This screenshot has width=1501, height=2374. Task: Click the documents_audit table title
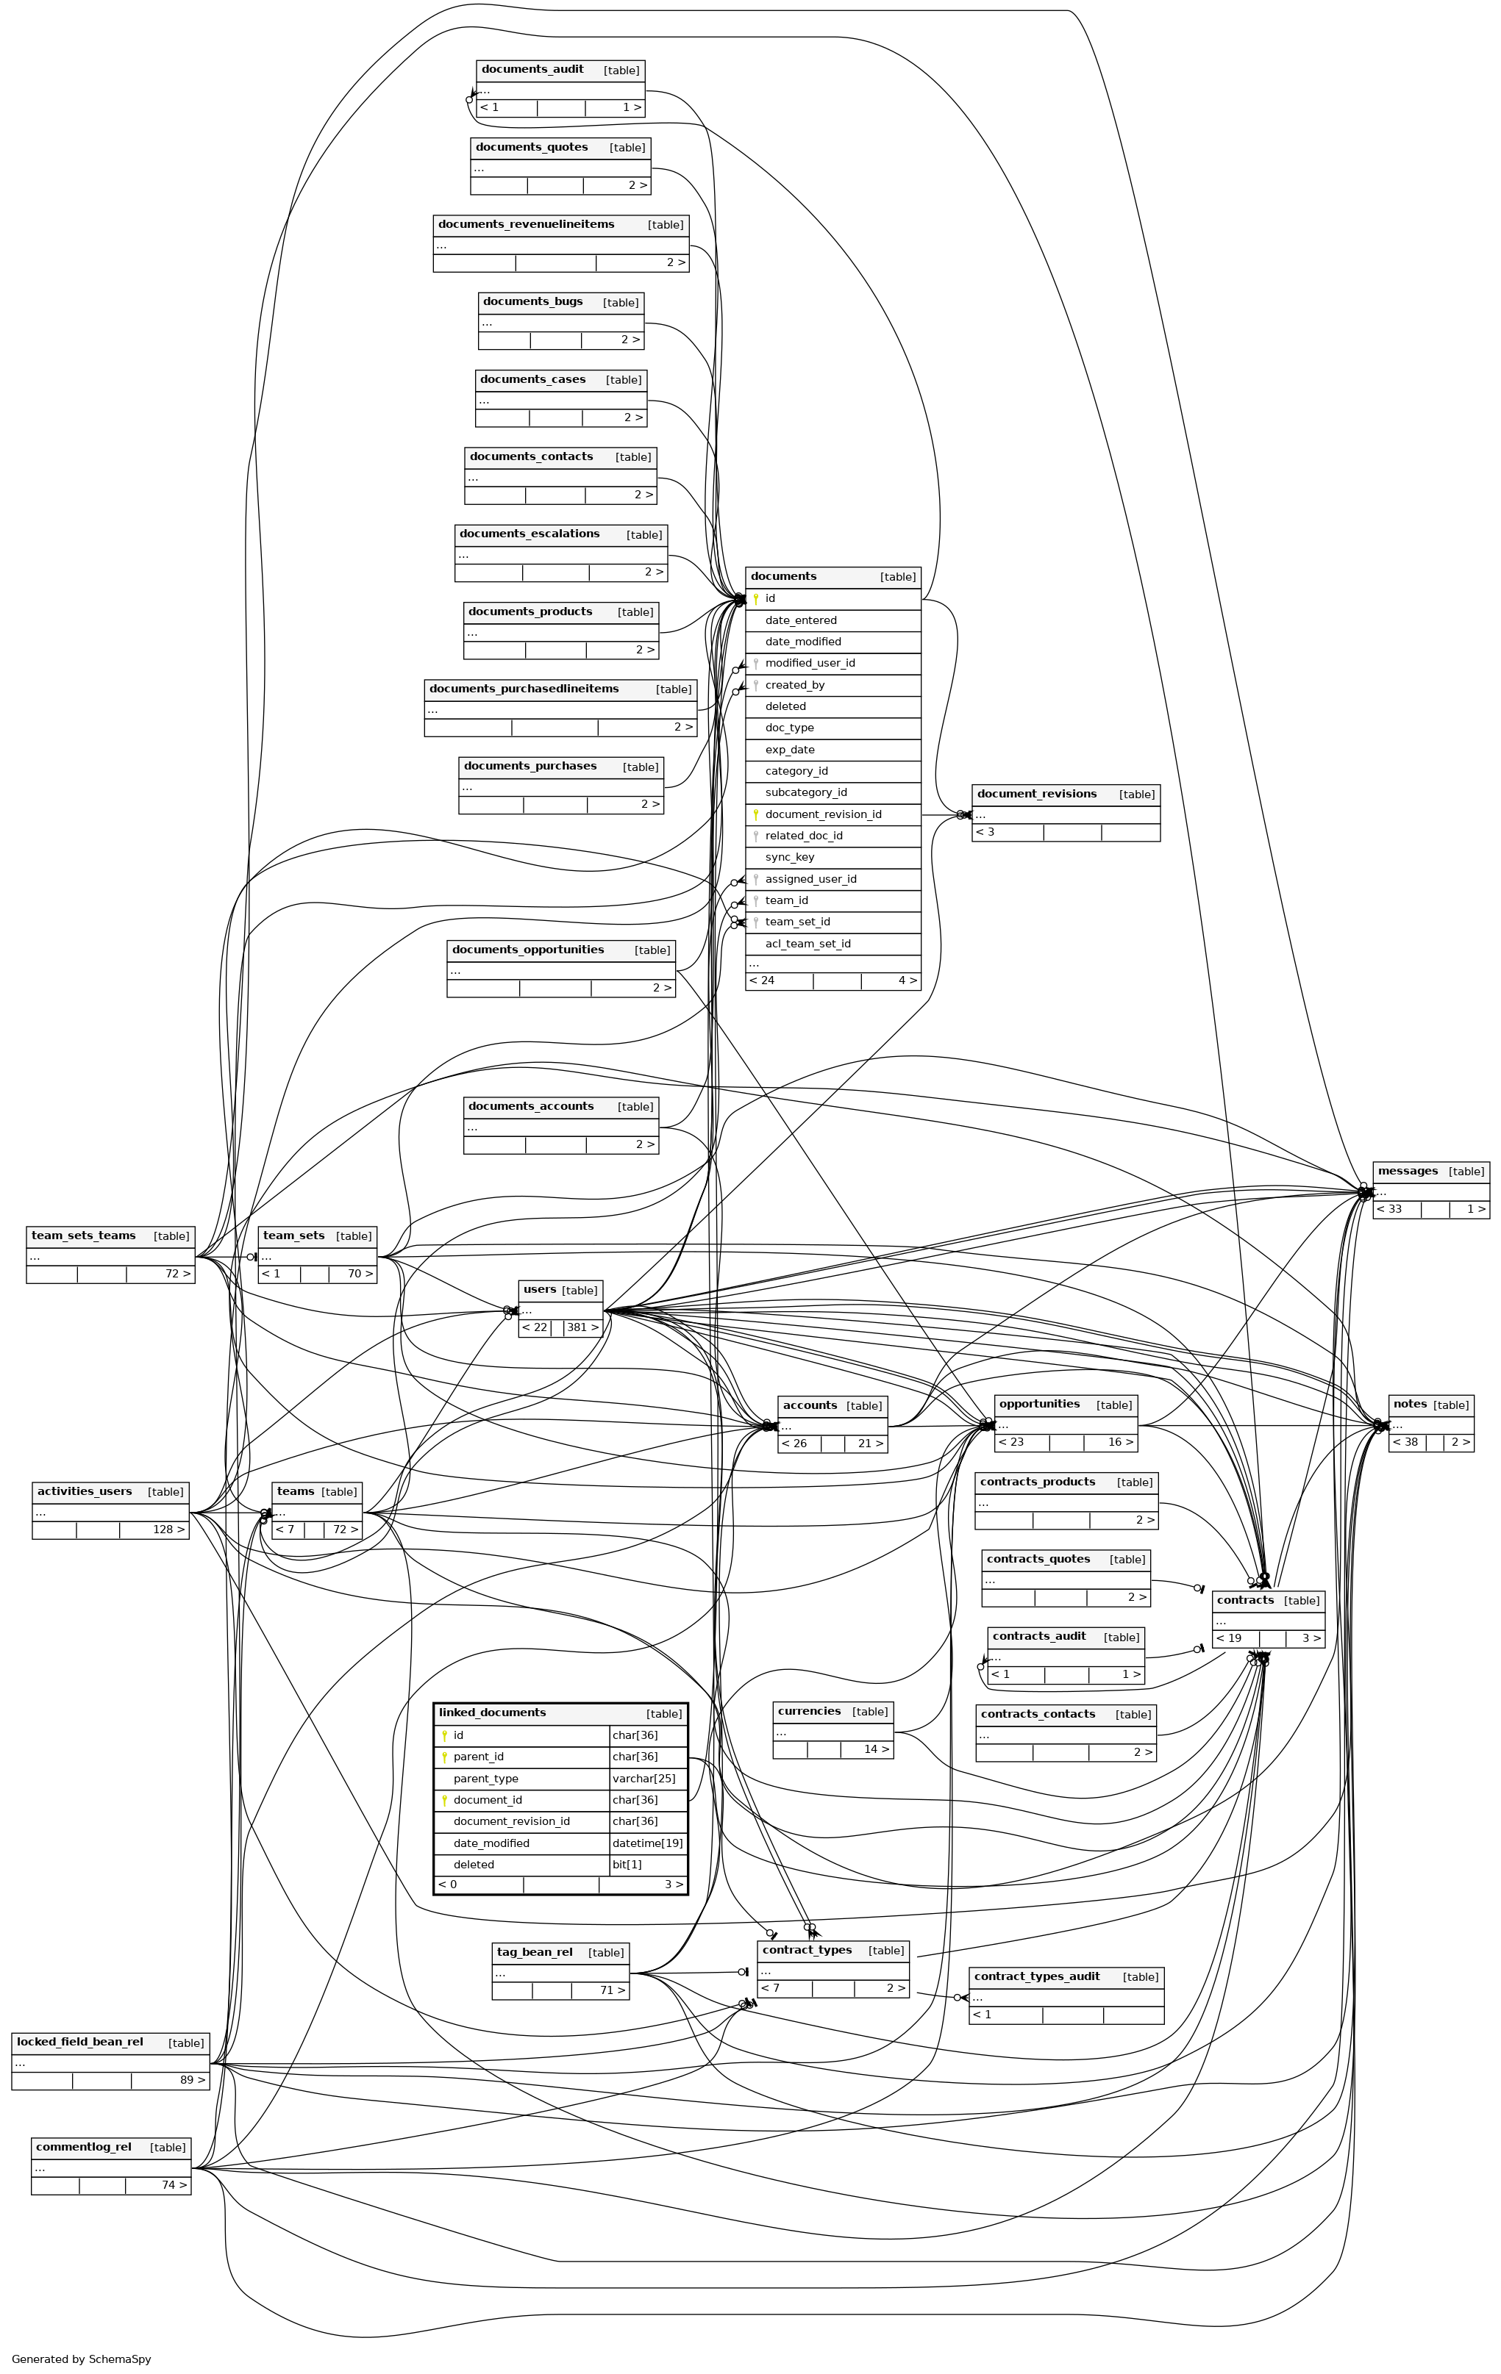[532, 70]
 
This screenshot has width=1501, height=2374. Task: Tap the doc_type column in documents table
[790, 728]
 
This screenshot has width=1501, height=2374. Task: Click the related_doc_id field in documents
[804, 836]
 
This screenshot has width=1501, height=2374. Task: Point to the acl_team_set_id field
[807, 944]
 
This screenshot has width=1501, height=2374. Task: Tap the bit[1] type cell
[627, 1865]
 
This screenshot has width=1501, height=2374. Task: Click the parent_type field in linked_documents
[485, 1779]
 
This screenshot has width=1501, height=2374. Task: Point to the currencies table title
[809, 1712]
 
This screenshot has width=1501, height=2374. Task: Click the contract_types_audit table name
[1036, 1976]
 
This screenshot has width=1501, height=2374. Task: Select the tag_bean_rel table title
[535, 1953]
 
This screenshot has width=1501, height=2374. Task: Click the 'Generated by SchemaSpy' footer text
[82, 2359]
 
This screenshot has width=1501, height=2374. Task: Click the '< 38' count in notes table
[1405, 1442]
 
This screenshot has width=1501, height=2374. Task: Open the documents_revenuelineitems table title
[526, 225]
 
